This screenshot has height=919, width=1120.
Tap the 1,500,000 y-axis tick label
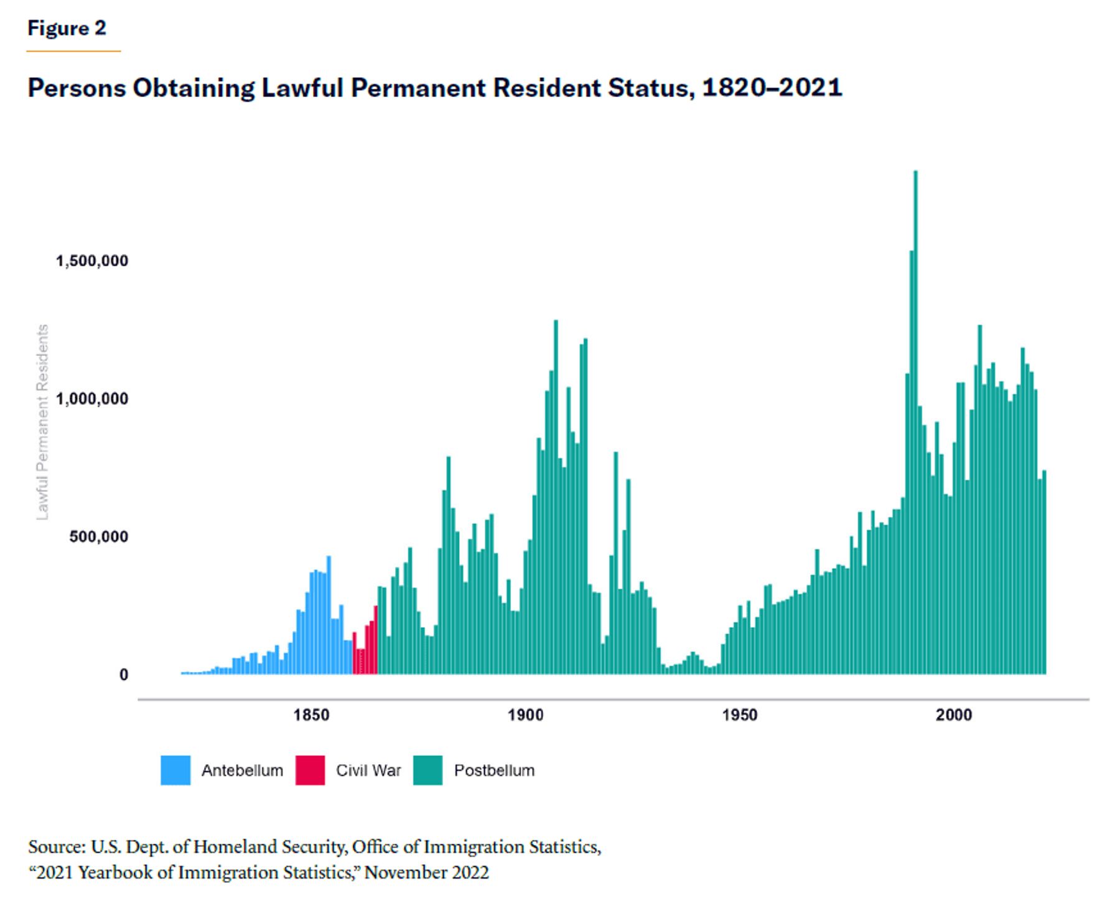pos(92,261)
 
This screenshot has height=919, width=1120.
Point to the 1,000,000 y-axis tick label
pos(92,399)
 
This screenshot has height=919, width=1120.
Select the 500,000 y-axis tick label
pos(99,537)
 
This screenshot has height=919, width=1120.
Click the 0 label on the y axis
pos(124,675)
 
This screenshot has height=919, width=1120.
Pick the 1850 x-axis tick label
pos(312,716)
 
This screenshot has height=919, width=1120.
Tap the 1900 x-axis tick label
pos(526,716)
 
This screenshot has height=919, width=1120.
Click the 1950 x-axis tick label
pos(740,716)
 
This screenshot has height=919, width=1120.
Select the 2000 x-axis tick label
pos(954,716)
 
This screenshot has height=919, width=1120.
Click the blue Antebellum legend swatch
pos(175,770)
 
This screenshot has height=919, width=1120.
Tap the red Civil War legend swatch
pos(310,770)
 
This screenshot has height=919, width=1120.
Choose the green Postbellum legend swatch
pos(427,770)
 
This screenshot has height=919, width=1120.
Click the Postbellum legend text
pos(494,771)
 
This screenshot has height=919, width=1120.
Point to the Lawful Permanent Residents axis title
pos(42,422)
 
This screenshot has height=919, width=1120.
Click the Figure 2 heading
pos(67,28)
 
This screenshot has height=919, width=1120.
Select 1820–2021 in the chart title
pos(772,87)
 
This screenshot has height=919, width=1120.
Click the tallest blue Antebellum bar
pos(329,615)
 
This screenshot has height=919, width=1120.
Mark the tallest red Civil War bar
pos(376,640)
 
